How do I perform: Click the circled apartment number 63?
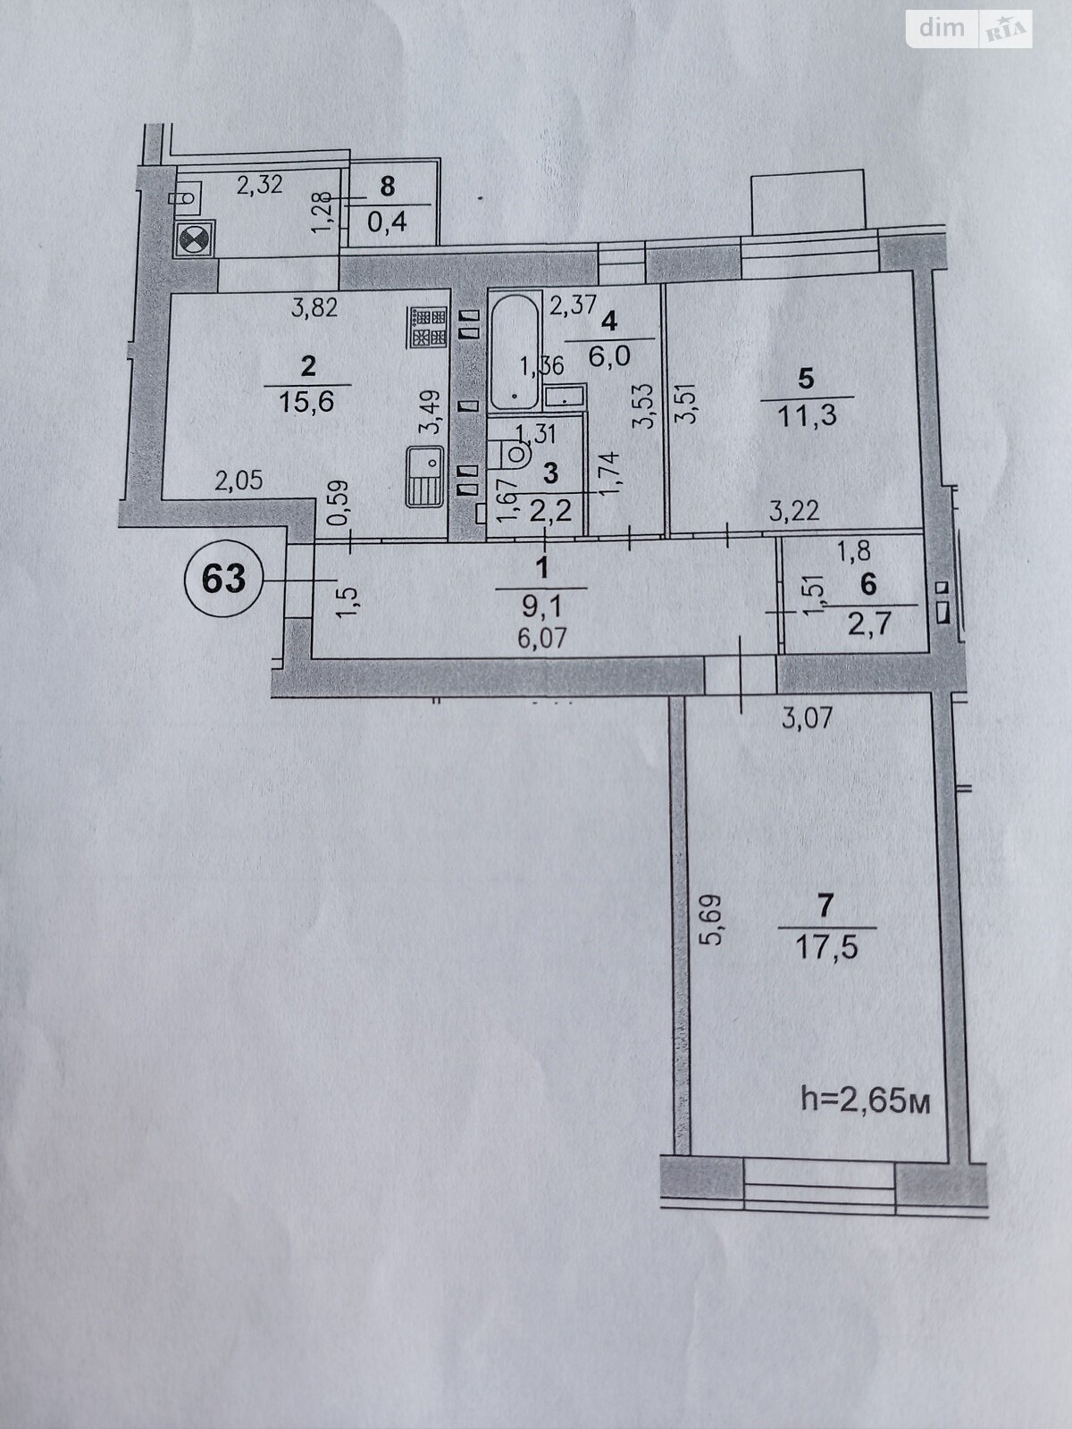[x=224, y=579]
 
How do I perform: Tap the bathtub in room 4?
[x=515, y=353]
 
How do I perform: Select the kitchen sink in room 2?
[x=425, y=477]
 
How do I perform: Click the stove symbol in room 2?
[x=427, y=327]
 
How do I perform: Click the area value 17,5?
[x=827, y=948]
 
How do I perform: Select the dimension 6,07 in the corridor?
[x=541, y=638]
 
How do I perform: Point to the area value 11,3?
[x=806, y=414]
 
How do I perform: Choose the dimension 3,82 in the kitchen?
[x=314, y=306]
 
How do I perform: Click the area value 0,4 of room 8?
[x=388, y=222]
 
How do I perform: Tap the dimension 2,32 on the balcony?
[x=259, y=185]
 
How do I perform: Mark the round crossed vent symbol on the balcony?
[x=194, y=239]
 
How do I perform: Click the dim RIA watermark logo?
[x=968, y=29]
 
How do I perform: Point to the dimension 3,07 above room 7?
[x=807, y=719]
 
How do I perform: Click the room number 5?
[x=806, y=379]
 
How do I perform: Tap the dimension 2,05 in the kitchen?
[x=239, y=480]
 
